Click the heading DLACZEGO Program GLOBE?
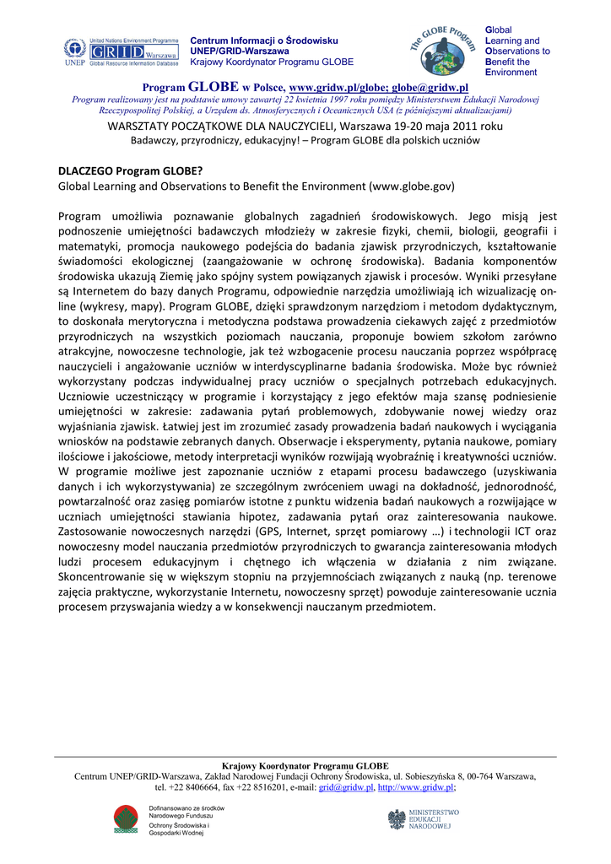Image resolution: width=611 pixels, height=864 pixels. point(130,170)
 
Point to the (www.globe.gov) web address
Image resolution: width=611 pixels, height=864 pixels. point(411,185)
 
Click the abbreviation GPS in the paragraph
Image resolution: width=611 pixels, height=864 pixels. point(264,533)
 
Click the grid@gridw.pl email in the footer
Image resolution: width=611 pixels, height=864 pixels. point(345,787)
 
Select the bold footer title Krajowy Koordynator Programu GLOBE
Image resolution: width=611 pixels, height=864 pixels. point(305,765)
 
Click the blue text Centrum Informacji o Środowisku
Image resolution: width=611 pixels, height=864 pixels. point(263,40)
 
